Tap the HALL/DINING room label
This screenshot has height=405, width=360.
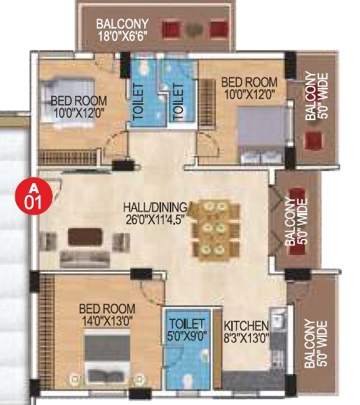[155, 207]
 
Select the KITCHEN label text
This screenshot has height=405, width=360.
[246, 325]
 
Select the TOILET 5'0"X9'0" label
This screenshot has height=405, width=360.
[181, 330]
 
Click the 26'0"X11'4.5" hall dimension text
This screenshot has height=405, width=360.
[155, 218]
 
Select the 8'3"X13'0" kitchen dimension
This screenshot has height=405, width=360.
[247, 337]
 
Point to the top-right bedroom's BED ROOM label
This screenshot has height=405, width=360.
[250, 82]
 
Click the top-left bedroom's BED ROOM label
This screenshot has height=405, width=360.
[79, 101]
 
